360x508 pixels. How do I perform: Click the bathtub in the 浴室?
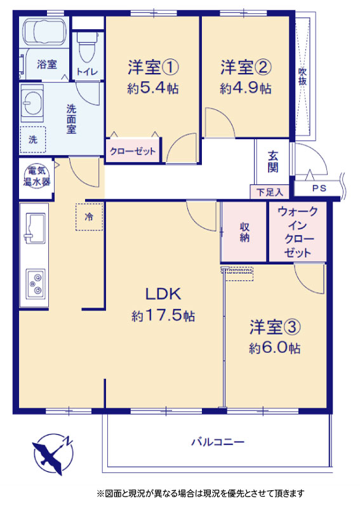[x=44, y=31]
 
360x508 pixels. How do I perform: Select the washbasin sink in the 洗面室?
[x=32, y=104]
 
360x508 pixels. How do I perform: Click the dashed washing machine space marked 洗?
[x=33, y=139]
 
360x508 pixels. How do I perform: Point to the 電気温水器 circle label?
[x=37, y=176]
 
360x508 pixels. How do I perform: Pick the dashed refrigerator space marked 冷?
[x=90, y=217]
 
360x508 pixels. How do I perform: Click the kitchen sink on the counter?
[x=34, y=229]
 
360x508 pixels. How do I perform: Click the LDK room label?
[x=163, y=294]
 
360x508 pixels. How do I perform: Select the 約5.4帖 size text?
[x=152, y=88]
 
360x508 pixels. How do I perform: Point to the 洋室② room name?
[x=246, y=67]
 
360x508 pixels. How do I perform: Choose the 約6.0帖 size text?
[x=274, y=347]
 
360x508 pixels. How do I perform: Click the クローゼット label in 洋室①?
[x=133, y=151]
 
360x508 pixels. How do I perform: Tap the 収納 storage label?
[x=244, y=232]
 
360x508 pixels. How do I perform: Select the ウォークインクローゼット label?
[x=298, y=232]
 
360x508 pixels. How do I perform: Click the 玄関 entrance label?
[x=273, y=162]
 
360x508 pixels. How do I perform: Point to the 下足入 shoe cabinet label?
[x=270, y=192]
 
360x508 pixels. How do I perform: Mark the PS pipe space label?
[x=319, y=188]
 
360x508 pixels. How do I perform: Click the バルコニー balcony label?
[x=218, y=442]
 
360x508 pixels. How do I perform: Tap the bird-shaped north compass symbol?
[x=53, y=453]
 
